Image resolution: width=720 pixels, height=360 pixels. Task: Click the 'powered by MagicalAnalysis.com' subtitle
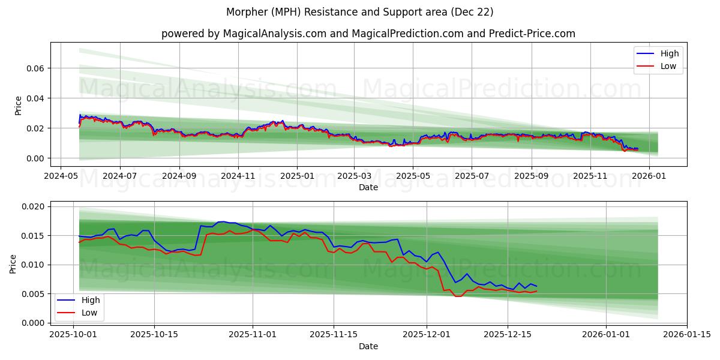pos(368,34)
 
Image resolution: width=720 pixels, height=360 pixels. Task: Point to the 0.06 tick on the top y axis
pos(35,68)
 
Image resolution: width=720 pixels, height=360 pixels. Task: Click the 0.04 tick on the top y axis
pos(35,98)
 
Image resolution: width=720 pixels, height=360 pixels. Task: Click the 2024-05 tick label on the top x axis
pos(61,177)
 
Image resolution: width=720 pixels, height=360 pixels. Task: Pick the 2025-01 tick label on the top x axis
pos(298,177)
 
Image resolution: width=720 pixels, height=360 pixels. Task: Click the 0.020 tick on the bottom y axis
pos(32,206)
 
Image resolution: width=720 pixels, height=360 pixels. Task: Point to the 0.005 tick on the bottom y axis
pos(32,294)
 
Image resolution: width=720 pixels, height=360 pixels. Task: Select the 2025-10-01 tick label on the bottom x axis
pos(74,334)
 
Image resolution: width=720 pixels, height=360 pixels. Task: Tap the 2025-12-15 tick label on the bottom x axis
pos(508,334)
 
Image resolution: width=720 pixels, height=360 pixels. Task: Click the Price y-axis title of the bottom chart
pos(13,263)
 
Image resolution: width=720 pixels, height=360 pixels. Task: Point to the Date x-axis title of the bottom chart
pos(368,346)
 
